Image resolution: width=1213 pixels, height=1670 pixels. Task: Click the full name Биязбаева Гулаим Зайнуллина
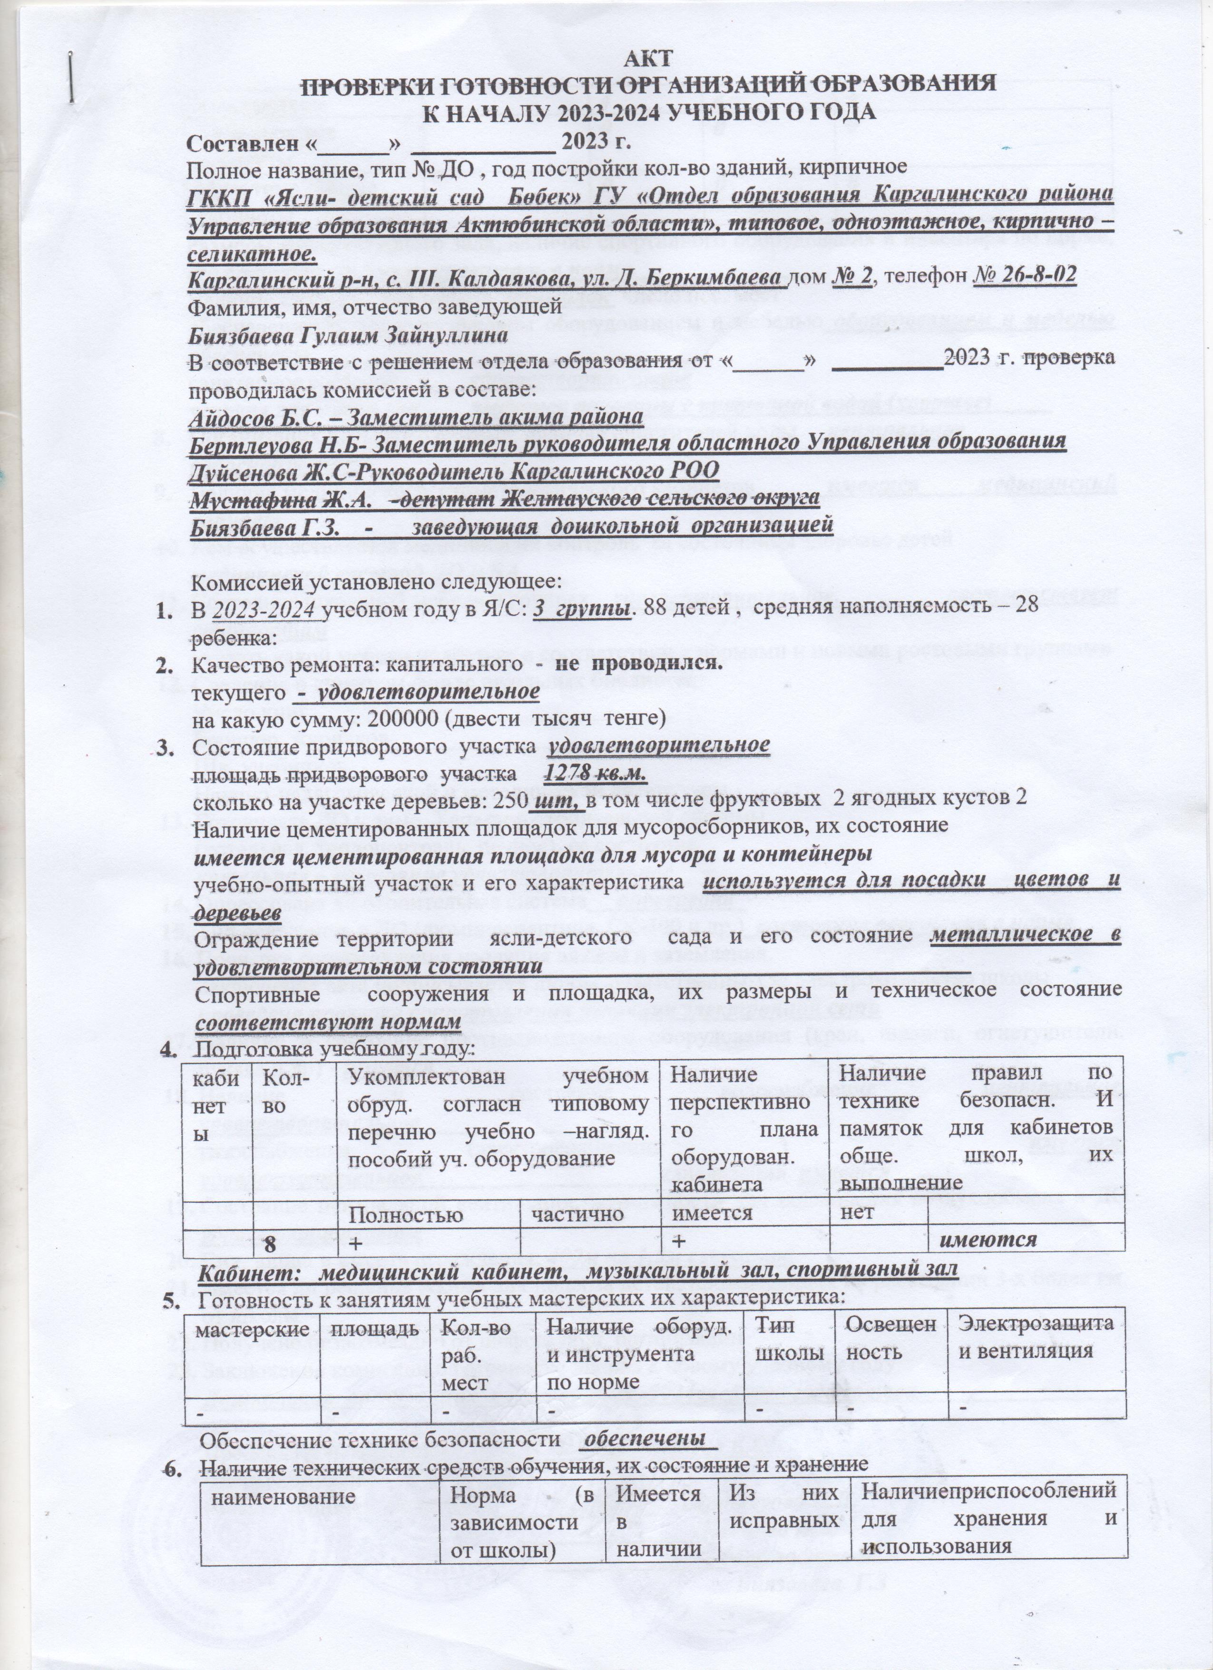[348, 335]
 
